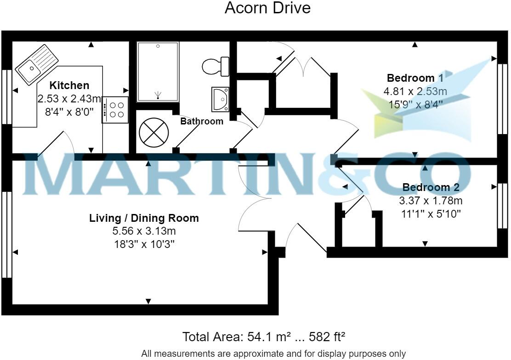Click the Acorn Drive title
click(x=267, y=8)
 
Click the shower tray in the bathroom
click(x=158, y=71)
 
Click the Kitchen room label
click(x=69, y=85)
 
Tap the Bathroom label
click(x=202, y=121)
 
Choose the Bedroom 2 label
click(x=431, y=187)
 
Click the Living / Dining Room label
click(x=144, y=218)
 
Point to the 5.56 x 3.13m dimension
click(x=144, y=231)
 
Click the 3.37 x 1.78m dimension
click(x=431, y=201)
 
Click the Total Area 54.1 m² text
click(x=264, y=337)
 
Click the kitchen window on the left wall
click(x=6, y=96)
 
